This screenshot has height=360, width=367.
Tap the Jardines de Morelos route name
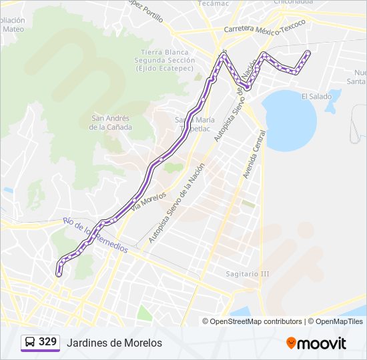pyautogui.click(x=114, y=343)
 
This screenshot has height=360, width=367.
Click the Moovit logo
pyautogui.click(x=316, y=343)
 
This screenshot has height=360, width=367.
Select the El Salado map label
pyautogui.click(x=316, y=97)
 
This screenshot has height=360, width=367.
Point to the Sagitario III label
pyautogui.click(x=247, y=273)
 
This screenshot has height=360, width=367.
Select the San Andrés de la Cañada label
pyautogui.click(x=111, y=123)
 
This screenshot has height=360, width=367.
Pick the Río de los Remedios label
pyautogui.click(x=95, y=234)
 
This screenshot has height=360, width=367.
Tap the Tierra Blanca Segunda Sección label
pyautogui.click(x=164, y=60)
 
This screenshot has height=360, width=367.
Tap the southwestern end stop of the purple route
pyautogui.click(x=59, y=273)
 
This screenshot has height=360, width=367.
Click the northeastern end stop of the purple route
pyautogui.click(x=308, y=53)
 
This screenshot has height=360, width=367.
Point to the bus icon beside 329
pyautogui.click(x=30, y=342)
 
